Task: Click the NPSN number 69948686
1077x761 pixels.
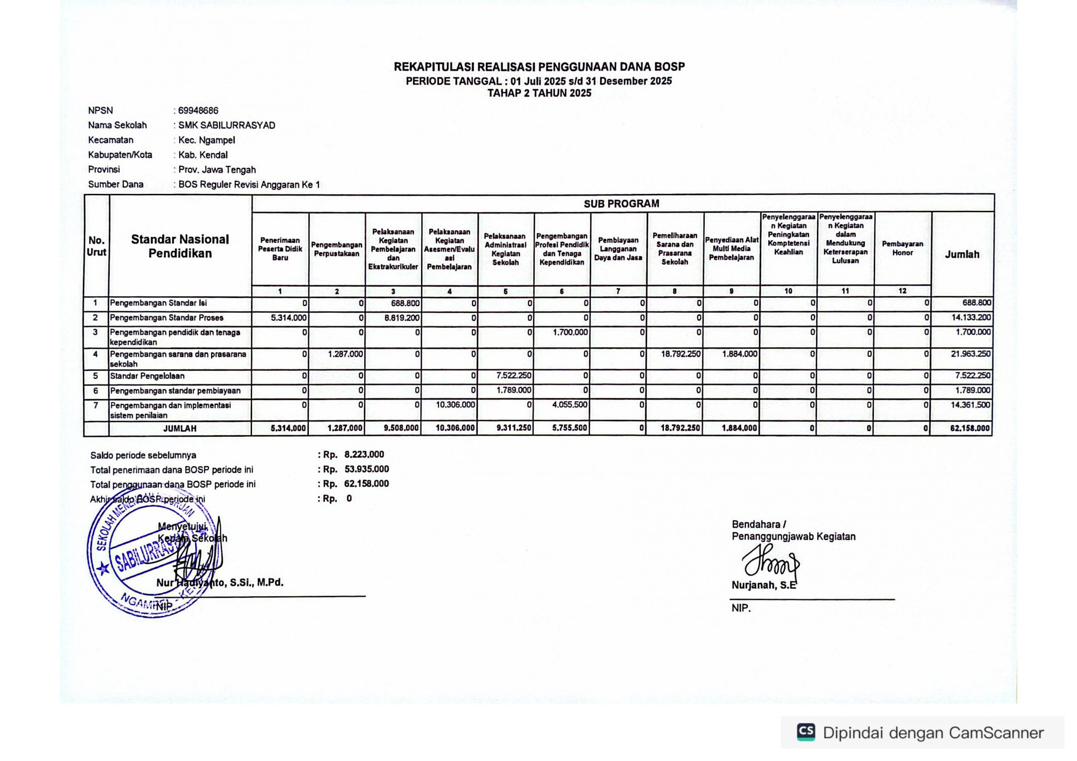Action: click(x=198, y=111)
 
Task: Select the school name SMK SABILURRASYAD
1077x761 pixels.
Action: click(x=227, y=125)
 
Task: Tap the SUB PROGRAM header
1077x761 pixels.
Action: click(x=621, y=204)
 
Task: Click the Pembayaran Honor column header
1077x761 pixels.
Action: click(x=902, y=248)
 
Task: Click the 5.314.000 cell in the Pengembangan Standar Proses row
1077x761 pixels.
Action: click(x=289, y=318)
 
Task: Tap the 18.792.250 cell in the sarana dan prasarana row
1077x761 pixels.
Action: click(x=681, y=354)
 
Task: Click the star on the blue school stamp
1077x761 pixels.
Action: click(x=103, y=569)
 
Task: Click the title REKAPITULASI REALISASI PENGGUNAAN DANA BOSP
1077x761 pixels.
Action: click(x=539, y=66)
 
